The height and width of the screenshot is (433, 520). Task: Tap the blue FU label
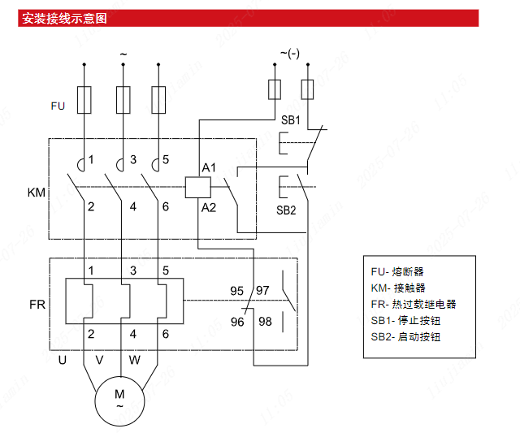coord(57,106)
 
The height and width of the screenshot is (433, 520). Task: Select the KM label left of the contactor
coord(37,193)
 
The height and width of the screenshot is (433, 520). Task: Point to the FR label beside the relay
coord(37,305)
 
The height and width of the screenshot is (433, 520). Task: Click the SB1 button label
coord(291,120)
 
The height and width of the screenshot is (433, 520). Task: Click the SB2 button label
coord(286,209)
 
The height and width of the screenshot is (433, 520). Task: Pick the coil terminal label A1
coord(209,167)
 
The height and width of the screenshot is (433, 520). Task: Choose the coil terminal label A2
coord(209,208)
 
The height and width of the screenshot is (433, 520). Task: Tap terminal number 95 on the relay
coord(237,290)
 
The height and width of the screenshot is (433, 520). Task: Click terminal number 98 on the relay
coord(265,322)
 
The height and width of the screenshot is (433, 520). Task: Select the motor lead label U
coord(62,359)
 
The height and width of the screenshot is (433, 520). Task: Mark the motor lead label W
coord(134,359)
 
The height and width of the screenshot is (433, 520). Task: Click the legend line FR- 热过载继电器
coord(413,304)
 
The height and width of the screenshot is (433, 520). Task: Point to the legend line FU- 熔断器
coord(397,271)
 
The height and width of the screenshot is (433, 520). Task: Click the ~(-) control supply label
coord(290,54)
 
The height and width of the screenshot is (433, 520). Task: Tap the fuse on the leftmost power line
coord(83,101)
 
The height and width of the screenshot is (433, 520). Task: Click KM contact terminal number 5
coord(166,159)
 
